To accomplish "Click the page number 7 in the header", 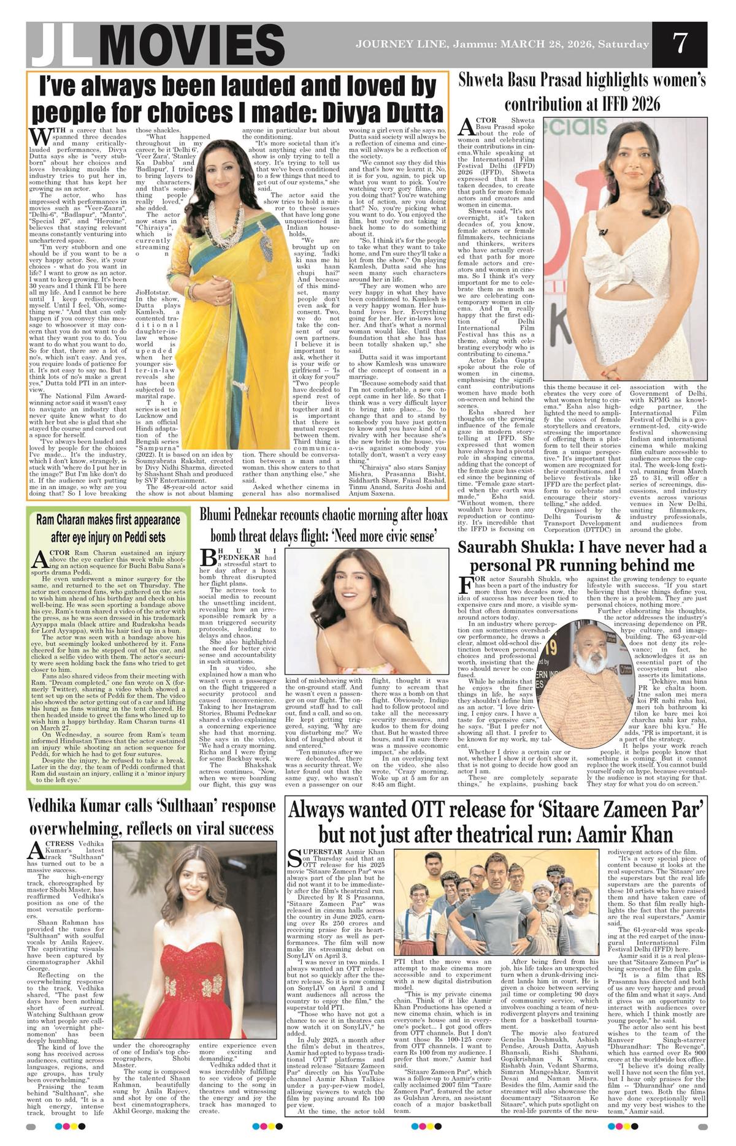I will [x=679, y=44].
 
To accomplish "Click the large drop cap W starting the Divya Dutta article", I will [x=40, y=135].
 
